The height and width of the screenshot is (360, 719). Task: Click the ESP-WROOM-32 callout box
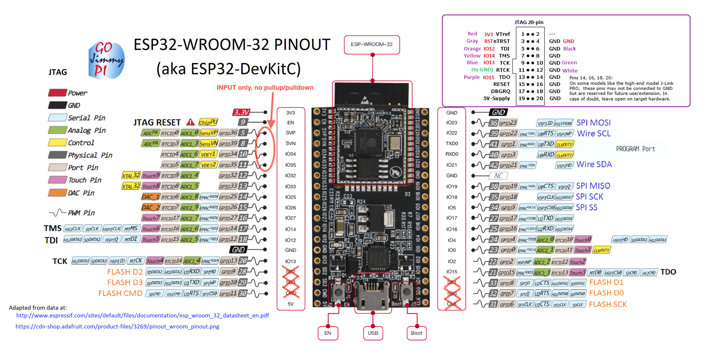372,45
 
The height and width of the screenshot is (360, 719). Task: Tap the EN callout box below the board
328,333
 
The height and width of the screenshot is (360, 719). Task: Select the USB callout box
373,333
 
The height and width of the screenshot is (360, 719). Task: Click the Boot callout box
417,333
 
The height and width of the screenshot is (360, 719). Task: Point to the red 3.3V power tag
242,113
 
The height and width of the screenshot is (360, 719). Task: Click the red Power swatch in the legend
58,93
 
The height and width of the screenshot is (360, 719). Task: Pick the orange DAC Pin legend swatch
58,193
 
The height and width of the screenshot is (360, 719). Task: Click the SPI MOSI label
594,123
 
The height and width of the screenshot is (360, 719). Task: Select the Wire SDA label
594,164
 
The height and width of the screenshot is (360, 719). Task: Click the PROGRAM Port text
635,149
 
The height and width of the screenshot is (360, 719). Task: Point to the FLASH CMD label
120,293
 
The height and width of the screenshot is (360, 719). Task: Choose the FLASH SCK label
608,305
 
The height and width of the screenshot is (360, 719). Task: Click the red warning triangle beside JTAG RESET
191,122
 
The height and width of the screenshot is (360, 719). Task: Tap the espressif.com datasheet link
142,315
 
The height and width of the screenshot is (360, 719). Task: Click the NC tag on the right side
498,176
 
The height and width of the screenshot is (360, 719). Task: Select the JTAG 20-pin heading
529,22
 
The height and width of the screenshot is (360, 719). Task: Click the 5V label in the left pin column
290,304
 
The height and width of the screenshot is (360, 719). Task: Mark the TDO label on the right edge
668,272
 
